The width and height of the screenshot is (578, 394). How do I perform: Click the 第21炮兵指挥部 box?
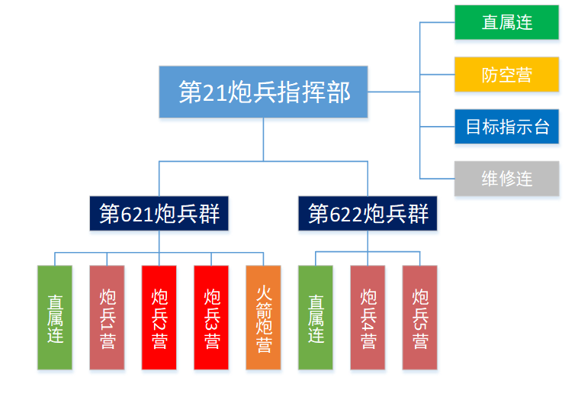click(x=263, y=92)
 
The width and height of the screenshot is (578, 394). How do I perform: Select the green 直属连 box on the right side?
click(x=506, y=22)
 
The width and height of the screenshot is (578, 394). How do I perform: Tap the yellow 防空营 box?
click(x=506, y=75)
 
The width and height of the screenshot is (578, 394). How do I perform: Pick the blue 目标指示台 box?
click(x=506, y=127)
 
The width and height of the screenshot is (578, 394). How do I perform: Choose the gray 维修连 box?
click(x=506, y=179)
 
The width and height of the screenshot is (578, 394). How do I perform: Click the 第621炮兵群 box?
click(x=159, y=213)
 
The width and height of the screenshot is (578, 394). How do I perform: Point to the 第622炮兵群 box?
click(x=368, y=213)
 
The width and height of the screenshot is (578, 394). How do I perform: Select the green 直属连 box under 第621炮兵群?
click(x=55, y=318)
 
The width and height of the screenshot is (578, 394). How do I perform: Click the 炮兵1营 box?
click(x=107, y=318)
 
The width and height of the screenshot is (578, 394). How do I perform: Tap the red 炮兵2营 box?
click(x=159, y=318)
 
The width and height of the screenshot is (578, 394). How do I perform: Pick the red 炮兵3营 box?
click(x=211, y=318)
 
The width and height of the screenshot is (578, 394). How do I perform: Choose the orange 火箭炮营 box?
click(x=263, y=318)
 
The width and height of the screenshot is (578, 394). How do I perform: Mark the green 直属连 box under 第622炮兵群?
click(x=315, y=318)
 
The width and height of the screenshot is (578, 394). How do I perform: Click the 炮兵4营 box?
click(x=368, y=318)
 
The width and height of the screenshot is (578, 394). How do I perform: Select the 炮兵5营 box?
click(x=419, y=318)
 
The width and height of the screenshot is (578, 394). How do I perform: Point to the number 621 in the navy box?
click(x=137, y=214)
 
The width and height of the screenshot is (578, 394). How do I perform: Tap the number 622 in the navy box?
click(x=346, y=214)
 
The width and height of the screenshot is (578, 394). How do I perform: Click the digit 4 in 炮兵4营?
click(x=368, y=321)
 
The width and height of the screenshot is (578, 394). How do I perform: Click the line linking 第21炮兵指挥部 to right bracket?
click(x=393, y=92)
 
